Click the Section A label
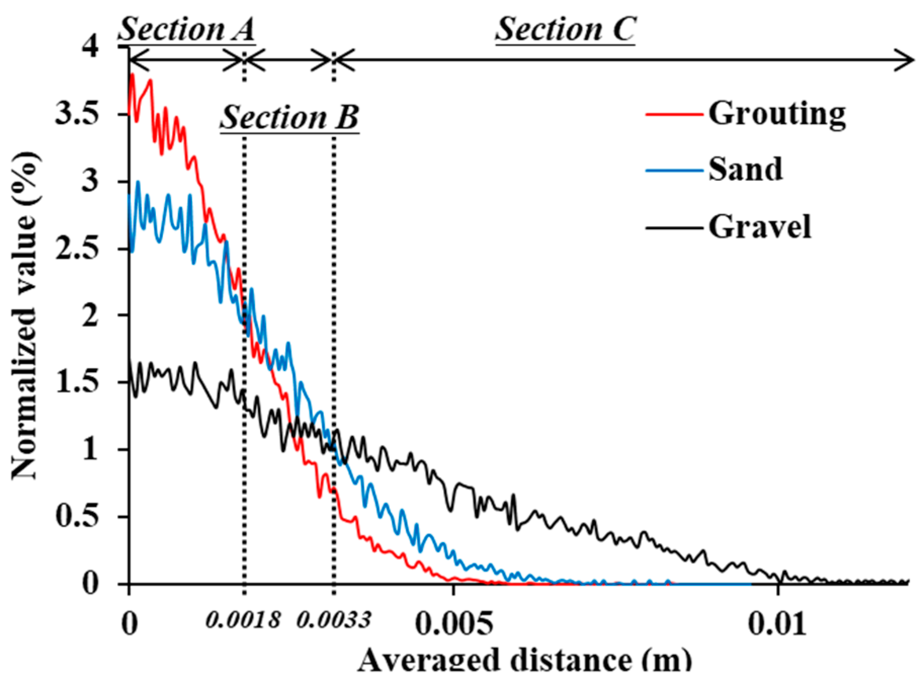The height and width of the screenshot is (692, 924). tap(186, 29)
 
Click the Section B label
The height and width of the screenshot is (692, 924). tap(289, 118)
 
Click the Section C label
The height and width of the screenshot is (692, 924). tap(565, 29)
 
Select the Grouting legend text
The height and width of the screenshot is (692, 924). tap(776, 113)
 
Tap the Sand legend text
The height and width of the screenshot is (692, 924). tap(745, 170)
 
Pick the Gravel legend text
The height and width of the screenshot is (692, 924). tap(759, 226)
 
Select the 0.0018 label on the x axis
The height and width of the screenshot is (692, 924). tap(243, 620)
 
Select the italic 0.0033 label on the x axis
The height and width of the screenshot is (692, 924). tap(333, 620)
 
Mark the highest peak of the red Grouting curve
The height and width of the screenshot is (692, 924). tap(133, 75)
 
